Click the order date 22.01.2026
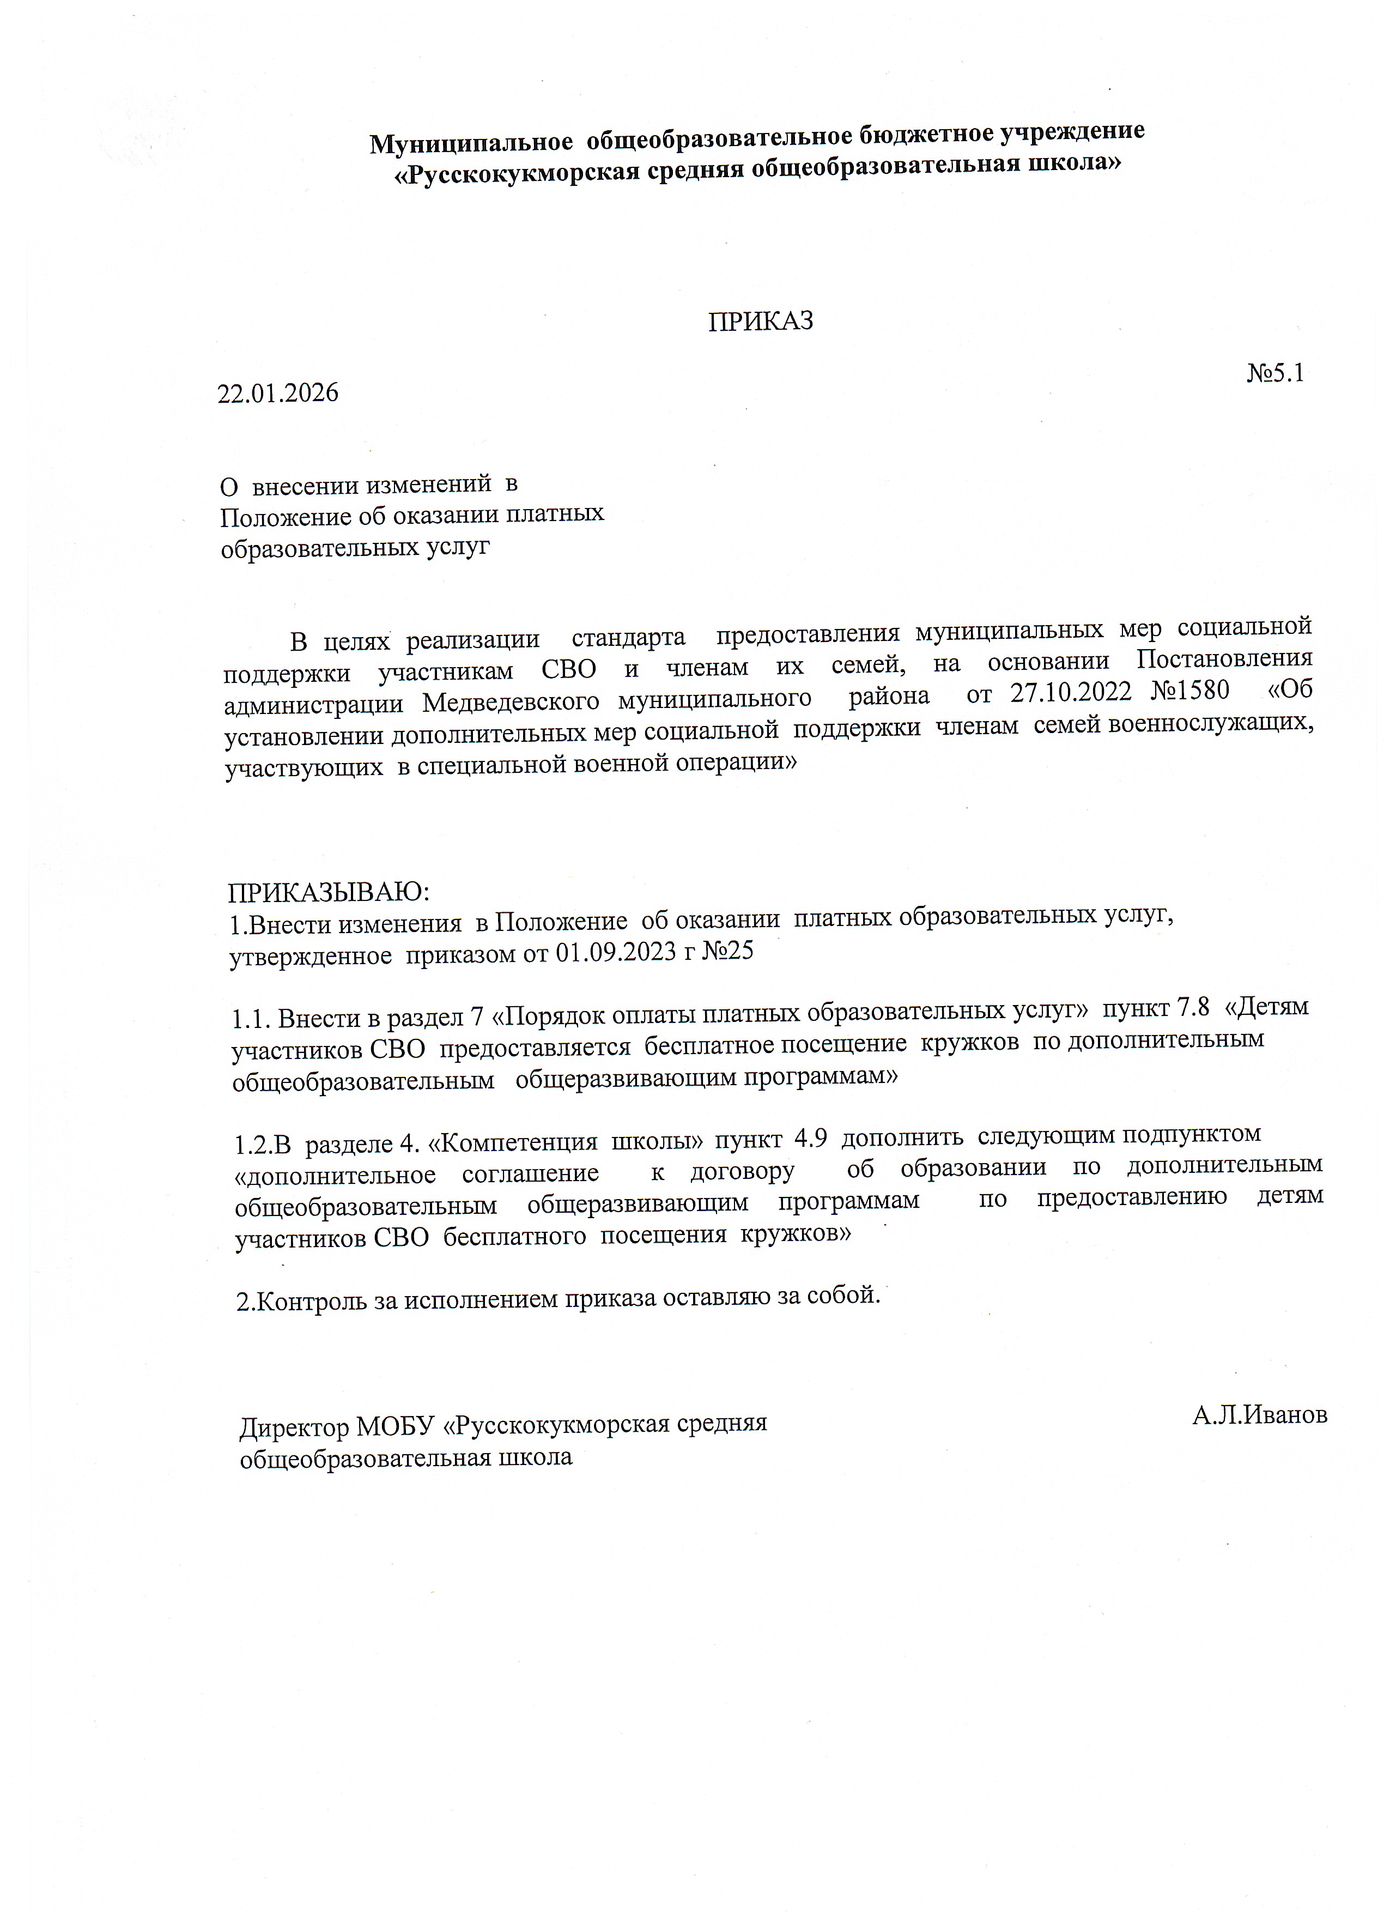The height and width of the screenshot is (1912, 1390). pos(278,393)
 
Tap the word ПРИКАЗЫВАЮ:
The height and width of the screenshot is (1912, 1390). pos(329,892)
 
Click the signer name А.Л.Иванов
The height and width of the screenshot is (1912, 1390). pos(1259,1415)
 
